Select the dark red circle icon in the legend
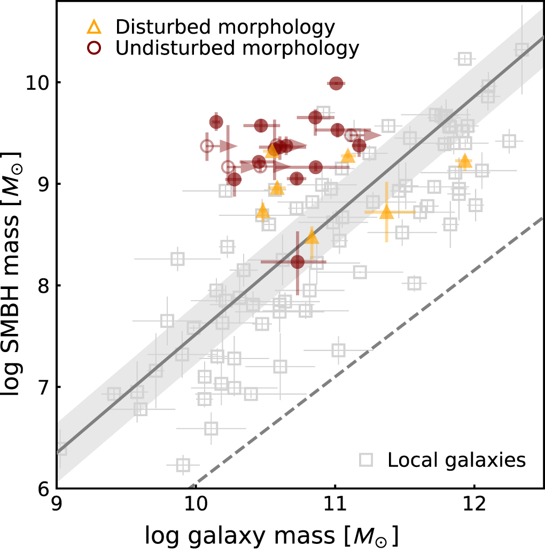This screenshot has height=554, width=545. click(x=95, y=48)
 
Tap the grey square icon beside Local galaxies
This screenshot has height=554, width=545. click(x=366, y=459)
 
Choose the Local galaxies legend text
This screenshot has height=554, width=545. click(x=457, y=459)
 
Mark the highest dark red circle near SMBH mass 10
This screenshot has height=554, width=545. click(x=336, y=83)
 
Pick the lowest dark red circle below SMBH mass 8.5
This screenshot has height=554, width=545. click(x=298, y=262)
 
